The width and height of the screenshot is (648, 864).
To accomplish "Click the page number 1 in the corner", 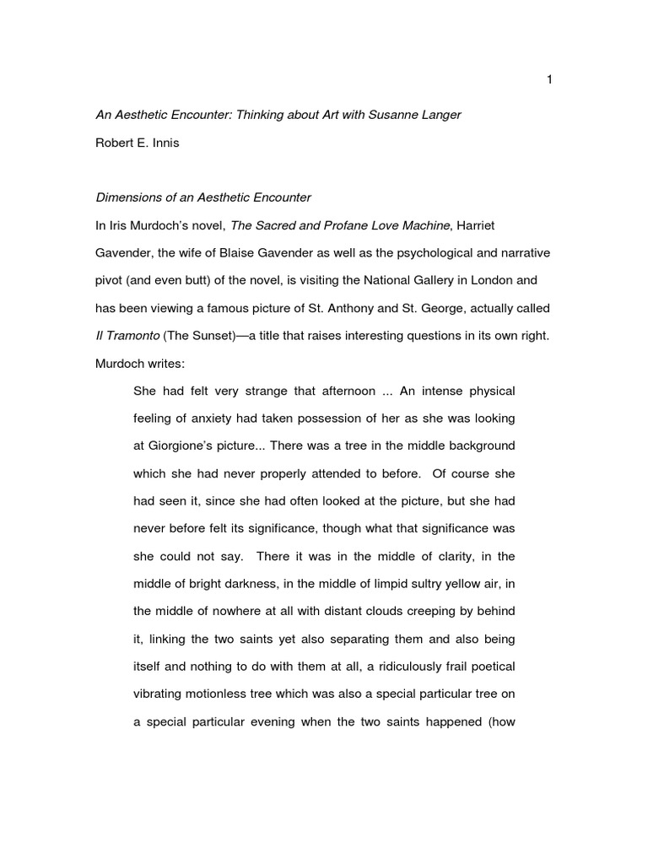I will tap(549, 79).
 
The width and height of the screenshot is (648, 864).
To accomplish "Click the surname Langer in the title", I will tap(439, 114).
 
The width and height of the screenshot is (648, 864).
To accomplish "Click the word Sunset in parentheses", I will tap(219, 335).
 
